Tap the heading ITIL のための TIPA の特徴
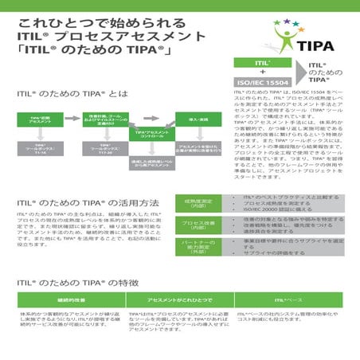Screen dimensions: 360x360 [x=80, y=283]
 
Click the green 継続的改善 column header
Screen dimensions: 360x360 [x=61, y=299]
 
